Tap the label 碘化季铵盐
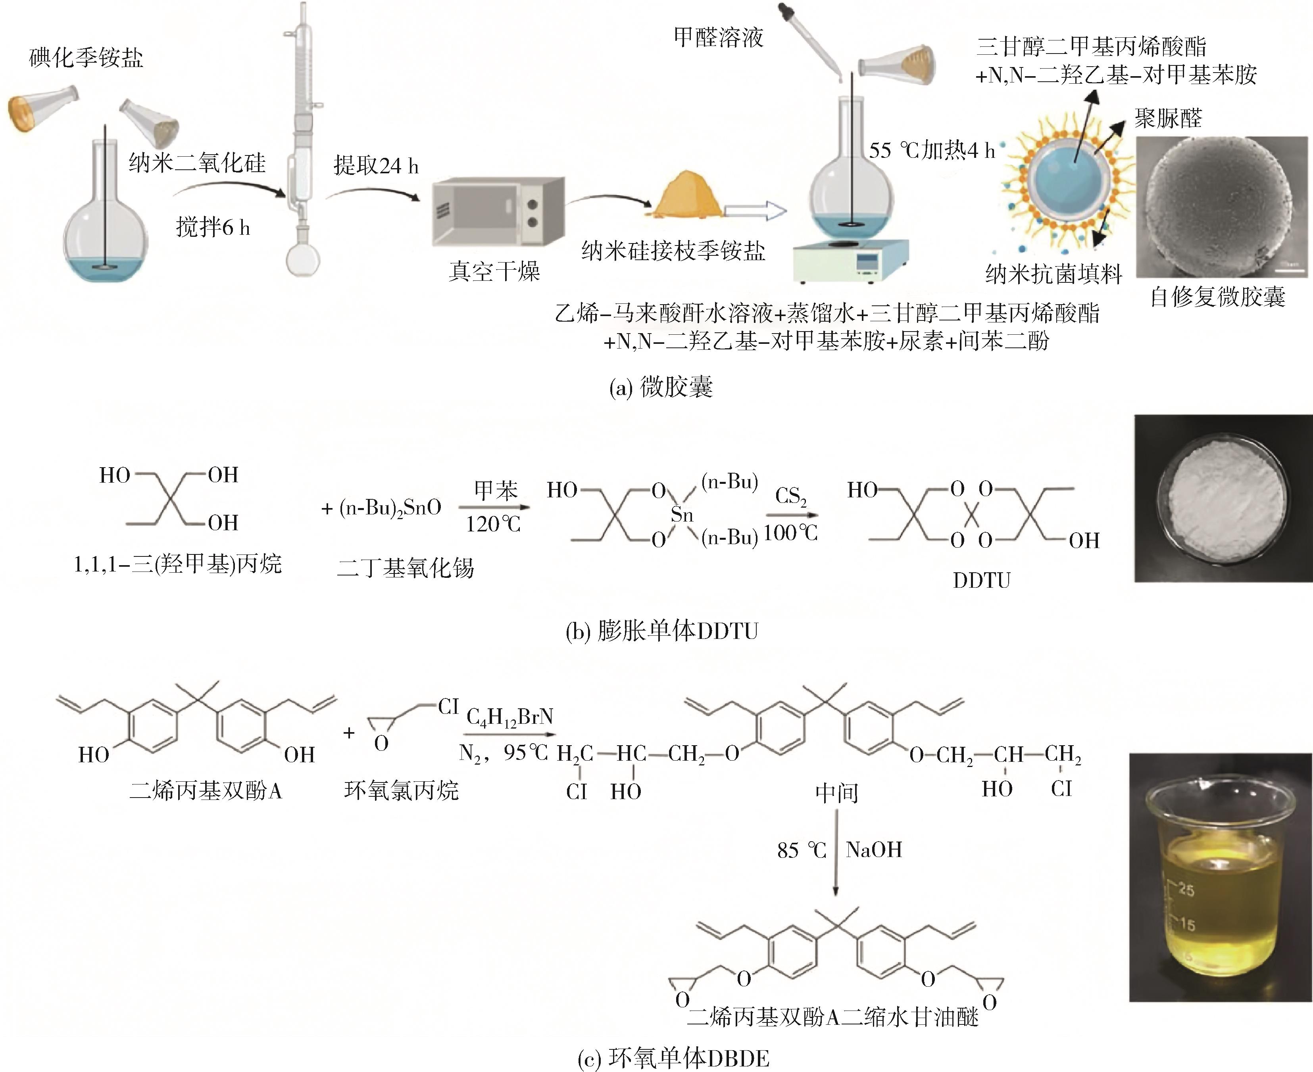coord(87,58)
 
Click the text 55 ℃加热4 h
coord(931,150)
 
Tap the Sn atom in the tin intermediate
coord(682,514)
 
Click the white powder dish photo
coord(1223,499)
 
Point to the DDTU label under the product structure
coord(981,581)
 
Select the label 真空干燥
coord(494,271)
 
